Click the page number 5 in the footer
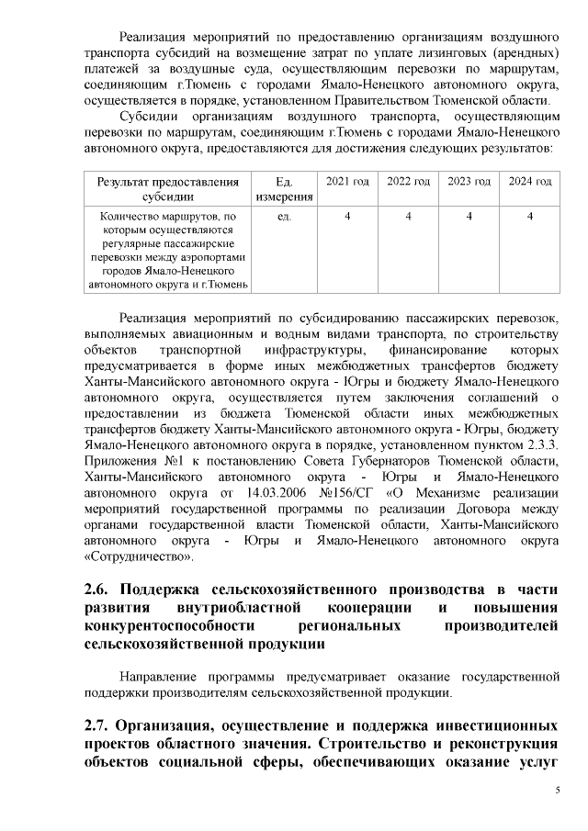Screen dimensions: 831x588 (x=557, y=791)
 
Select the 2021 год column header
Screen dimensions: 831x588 (x=346, y=182)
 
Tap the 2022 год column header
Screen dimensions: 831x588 (x=408, y=182)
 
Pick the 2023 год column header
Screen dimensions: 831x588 (x=469, y=182)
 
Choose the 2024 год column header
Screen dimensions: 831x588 (x=530, y=182)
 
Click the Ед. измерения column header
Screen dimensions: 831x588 (x=284, y=189)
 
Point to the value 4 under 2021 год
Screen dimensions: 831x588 (x=346, y=217)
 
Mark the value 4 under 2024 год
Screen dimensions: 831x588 (x=530, y=217)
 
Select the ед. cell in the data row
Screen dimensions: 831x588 (x=284, y=217)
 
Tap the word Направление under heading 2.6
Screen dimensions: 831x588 (x=163, y=676)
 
